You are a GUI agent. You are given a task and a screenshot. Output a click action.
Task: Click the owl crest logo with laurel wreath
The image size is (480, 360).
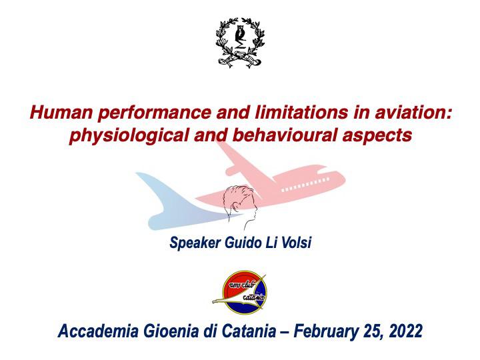[239, 43]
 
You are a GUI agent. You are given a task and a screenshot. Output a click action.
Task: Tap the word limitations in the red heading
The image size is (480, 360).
[301, 113]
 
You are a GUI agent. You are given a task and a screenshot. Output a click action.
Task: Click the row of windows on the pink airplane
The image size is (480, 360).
[305, 184]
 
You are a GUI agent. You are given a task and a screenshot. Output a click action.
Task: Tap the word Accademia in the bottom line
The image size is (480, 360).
[98, 331]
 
